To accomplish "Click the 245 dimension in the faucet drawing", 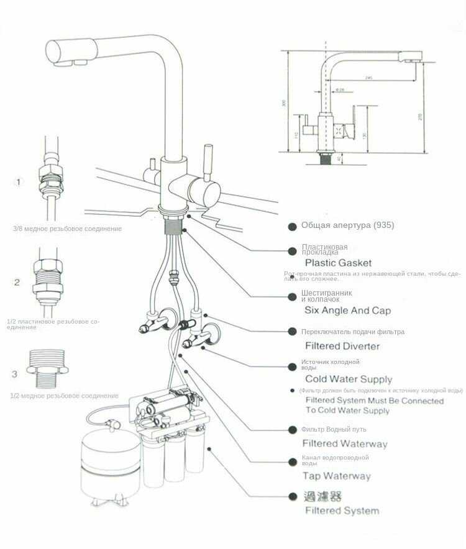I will coord(368,78).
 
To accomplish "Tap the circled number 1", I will coord(19,182).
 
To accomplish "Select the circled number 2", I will coord(17,283).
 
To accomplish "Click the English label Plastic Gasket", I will coord(338,263).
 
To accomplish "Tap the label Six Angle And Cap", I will coord(347,310).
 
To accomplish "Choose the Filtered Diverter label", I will coord(342,346).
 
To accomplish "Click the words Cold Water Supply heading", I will coord(349,379).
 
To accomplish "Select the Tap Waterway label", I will coord(336,476).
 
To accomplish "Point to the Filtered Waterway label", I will coord(344,443).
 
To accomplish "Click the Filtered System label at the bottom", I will coord(342,510).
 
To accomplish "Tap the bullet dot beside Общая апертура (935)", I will coord(291,226).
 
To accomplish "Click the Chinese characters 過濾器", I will coord(323,496).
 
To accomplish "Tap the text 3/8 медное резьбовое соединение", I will coord(67,229).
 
